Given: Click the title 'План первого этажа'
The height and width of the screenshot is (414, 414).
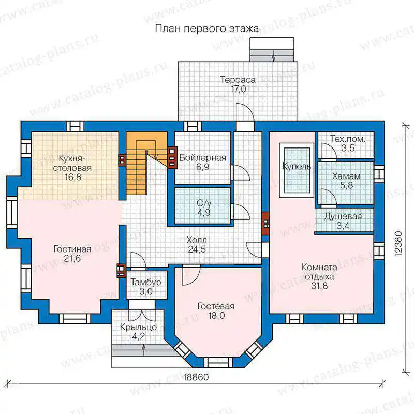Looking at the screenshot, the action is pos(206,28).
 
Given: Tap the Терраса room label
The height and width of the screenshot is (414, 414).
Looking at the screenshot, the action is pos(238,80).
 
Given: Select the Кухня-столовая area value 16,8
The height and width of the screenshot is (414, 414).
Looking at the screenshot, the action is pos(73,177).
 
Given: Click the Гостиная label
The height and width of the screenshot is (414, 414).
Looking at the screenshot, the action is pos(72,249).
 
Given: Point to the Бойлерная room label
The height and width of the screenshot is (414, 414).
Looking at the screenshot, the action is pos(202,158).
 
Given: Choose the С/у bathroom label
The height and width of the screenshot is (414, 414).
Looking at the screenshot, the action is pos(204,203).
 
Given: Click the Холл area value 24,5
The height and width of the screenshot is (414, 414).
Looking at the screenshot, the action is pos(197,249).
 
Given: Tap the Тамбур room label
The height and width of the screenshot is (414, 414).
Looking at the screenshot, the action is pos(146,282).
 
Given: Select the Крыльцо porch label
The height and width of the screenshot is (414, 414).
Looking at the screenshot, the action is pos(138,327).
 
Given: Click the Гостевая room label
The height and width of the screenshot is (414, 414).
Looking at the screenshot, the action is pos(216,306).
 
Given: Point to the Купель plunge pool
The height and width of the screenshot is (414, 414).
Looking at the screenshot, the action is pos(297,170).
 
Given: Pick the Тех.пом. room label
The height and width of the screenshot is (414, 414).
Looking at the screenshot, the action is pos(348,139).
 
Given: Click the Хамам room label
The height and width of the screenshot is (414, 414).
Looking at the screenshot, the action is pos(346,176).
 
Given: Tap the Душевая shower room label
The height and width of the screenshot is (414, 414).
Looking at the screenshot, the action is pos(343,216).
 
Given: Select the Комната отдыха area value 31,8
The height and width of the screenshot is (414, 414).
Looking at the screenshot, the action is pos(319,286).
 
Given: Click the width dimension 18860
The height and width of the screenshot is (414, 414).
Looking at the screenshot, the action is pos(196,377).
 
